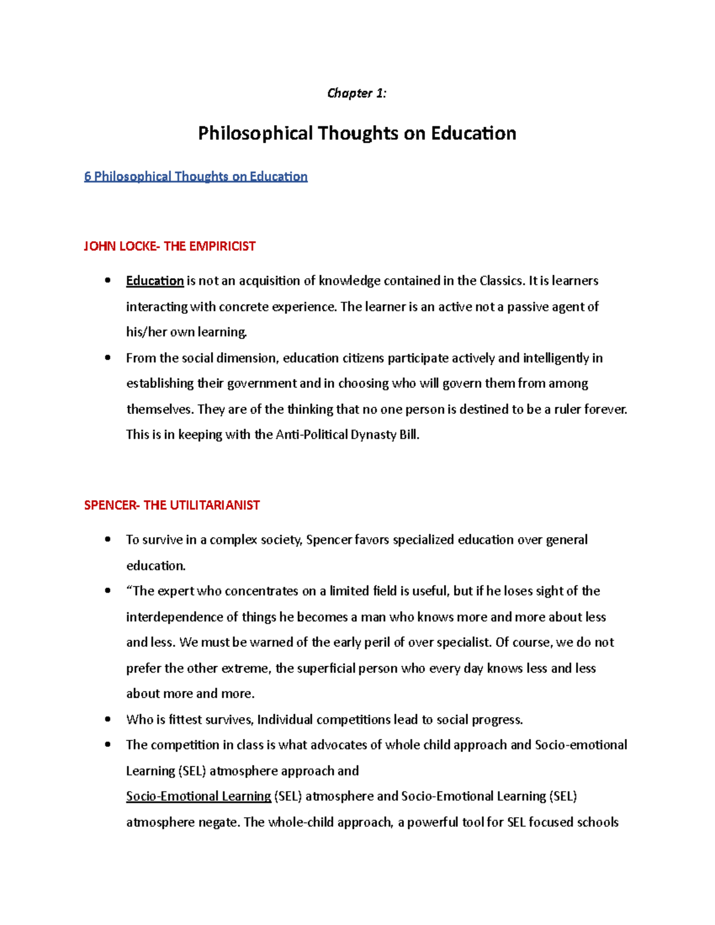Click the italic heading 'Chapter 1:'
[356, 94]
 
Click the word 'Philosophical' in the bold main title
[255, 133]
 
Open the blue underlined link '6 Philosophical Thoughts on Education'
[195, 176]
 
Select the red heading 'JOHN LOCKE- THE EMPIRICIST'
[170, 246]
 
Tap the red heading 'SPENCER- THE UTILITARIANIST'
[172, 505]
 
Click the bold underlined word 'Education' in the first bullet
[155, 281]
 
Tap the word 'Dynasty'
[374, 435]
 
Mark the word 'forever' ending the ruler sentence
[605, 409]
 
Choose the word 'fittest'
[185, 720]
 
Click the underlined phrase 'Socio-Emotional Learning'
[198, 796]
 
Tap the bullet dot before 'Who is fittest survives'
[108, 720]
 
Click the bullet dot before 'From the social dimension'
[108, 358]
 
